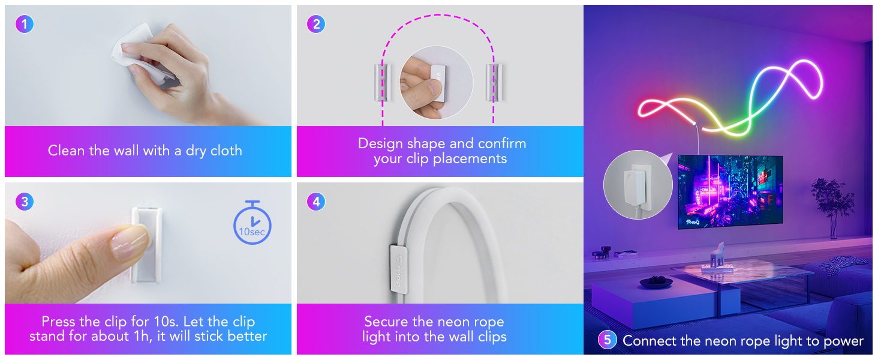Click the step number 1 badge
25,24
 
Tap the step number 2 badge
316,24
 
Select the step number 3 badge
25,202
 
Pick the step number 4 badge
316,202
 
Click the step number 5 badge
607,340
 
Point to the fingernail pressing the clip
130,242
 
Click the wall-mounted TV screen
730,192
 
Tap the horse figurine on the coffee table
718,254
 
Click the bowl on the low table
656,281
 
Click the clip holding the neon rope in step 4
399,269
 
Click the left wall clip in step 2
382,82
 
